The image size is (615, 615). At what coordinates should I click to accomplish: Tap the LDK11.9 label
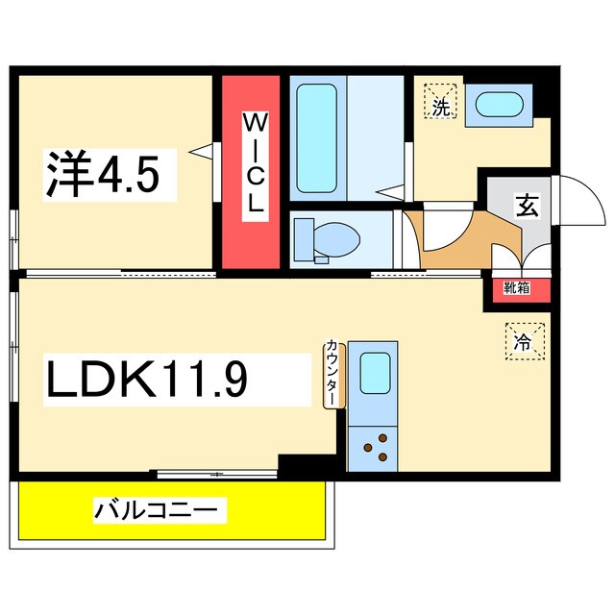tap(148, 380)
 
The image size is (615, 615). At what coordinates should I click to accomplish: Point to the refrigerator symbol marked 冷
tap(524, 339)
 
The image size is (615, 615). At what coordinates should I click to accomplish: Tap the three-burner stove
tap(374, 445)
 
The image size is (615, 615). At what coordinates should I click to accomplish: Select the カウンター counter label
tap(332, 373)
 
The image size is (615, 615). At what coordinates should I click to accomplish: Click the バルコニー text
tap(159, 508)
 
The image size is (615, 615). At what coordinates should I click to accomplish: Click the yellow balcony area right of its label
tap(279, 509)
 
